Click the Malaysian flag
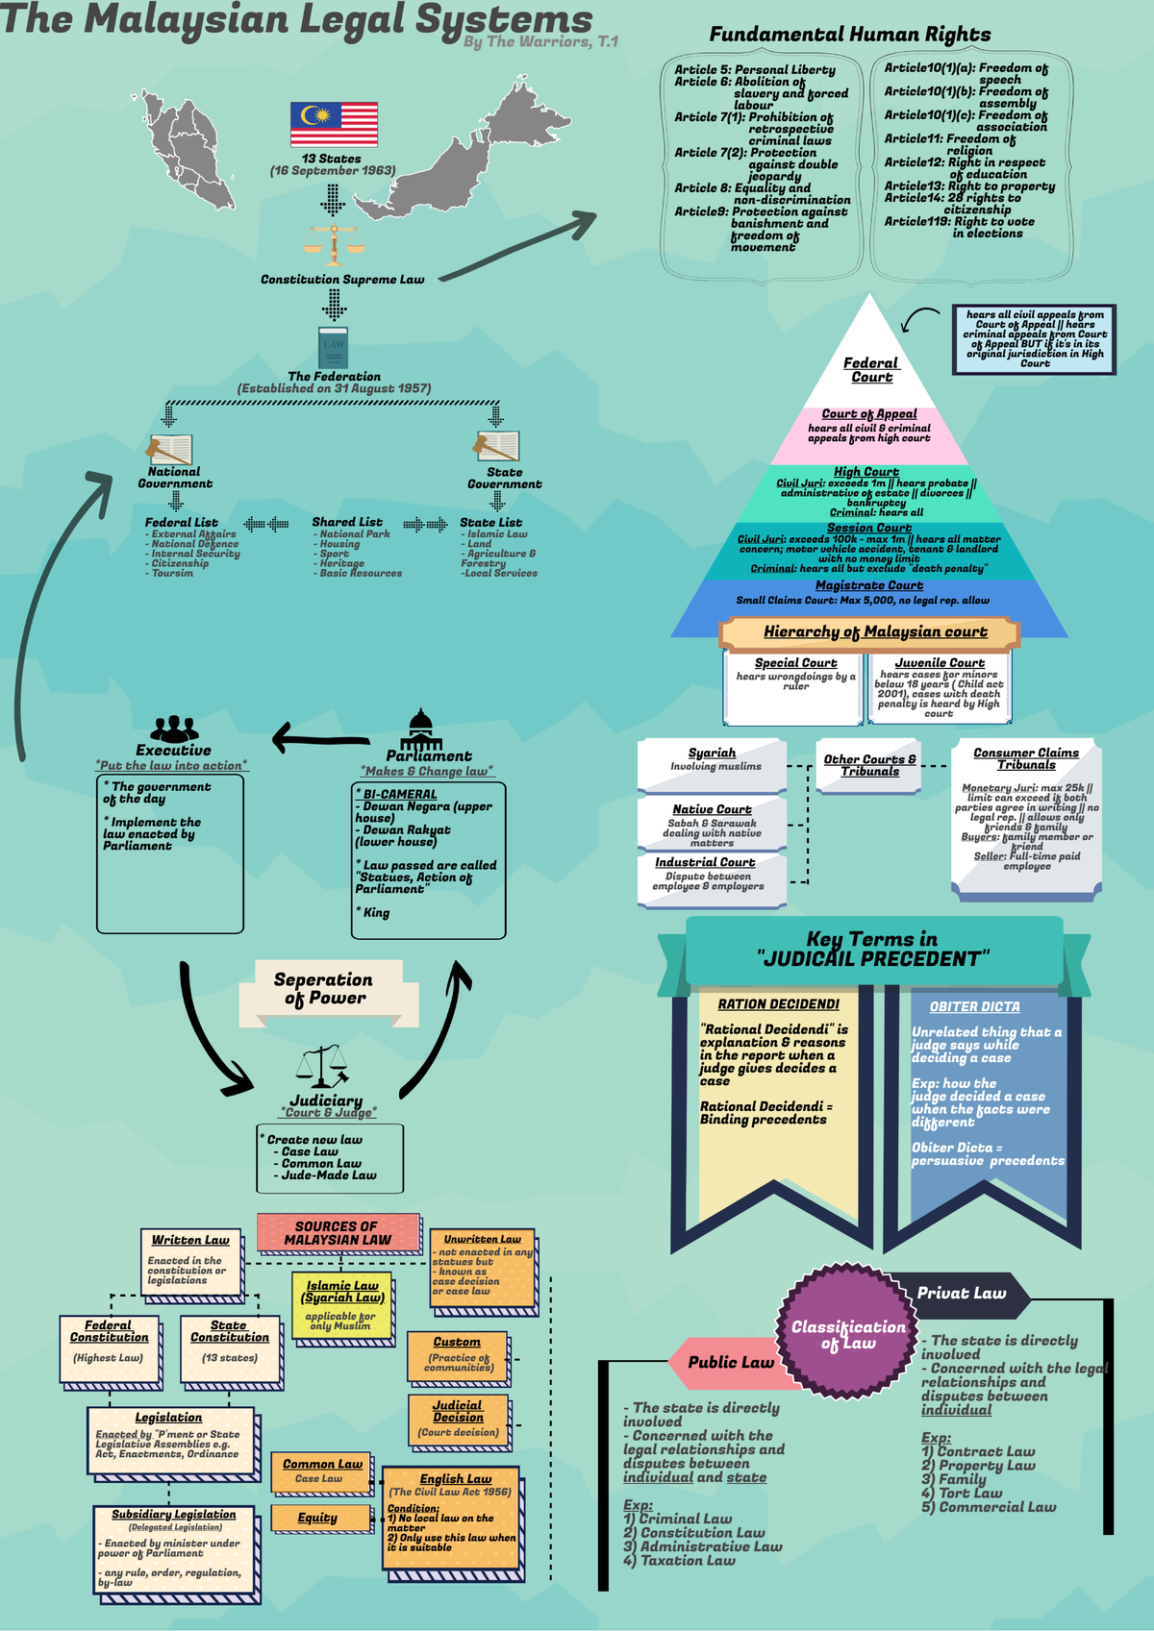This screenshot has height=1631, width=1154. click(x=334, y=125)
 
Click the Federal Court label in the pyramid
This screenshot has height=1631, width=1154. click(x=871, y=370)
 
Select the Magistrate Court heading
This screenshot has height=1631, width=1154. click(x=868, y=585)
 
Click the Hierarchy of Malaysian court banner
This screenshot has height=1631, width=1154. click(x=868, y=632)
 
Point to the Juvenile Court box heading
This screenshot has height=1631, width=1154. click(x=940, y=663)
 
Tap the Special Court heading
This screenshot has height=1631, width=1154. click(x=795, y=663)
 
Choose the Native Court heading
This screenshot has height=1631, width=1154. click(x=712, y=809)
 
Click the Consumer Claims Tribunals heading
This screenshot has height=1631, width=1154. click(x=1026, y=758)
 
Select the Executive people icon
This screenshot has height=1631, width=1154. click(x=174, y=729)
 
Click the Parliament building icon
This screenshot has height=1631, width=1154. click(x=421, y=730)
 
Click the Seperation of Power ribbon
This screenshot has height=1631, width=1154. click(x=324, y=989)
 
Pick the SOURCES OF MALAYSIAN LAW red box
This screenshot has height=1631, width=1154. click(x=338, y=1233)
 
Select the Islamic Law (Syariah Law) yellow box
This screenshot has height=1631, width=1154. click(x=342, y=1305)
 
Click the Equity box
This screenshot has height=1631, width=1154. click(x=319, y=1518)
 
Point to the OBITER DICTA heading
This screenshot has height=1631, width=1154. click(x=974, y=1006)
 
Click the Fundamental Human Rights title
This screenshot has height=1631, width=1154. click(x=850, y=35)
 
